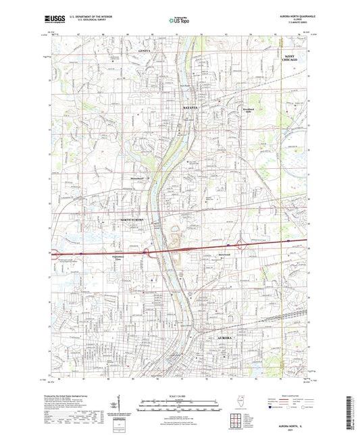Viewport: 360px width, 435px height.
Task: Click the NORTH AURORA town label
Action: [134, 220]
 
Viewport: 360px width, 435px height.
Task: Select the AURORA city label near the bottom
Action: [224, 336]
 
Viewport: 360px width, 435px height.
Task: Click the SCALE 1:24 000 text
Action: [179, 396]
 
